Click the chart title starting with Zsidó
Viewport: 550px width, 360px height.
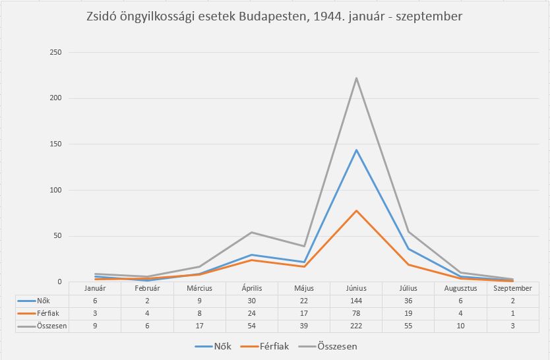[274, 17]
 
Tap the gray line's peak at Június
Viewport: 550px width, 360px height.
[356, 78]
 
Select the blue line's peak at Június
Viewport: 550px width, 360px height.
[356, 150]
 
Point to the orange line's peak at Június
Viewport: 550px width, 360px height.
[356, 210]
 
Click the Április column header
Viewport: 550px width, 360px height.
[251, 288]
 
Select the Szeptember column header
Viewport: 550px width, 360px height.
[512, 288]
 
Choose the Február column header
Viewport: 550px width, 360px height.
[147, 288]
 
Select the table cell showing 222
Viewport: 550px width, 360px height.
[356, 326]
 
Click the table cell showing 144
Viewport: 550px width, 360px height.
[356, 301]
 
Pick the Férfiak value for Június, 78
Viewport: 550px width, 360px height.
[356, 313]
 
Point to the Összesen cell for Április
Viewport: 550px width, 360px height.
[251, 326]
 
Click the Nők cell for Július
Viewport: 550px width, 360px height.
[408, 301]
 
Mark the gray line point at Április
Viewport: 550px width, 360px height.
[251, 232]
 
